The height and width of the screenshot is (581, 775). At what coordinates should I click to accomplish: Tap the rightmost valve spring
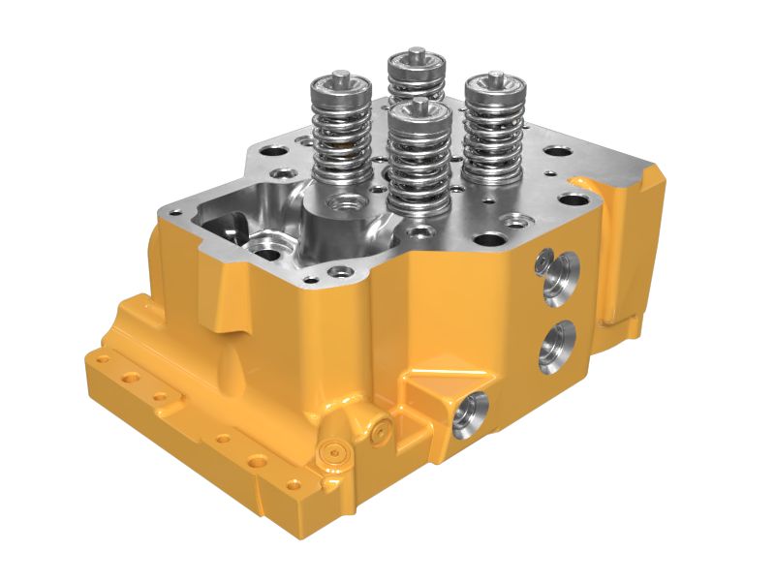493,131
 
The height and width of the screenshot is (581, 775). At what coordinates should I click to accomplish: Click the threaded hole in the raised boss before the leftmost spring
342,202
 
